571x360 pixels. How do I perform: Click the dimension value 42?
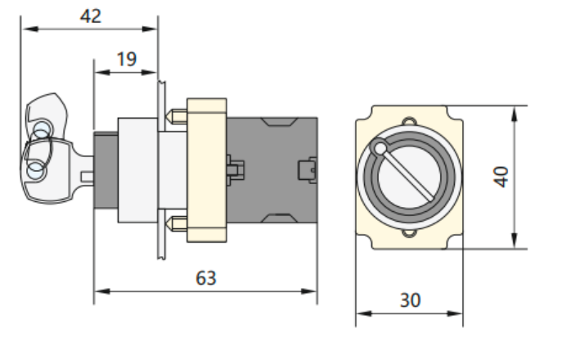(91, 16)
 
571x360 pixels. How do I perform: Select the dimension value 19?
(125, 59)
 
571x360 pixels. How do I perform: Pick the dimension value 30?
(410, 300)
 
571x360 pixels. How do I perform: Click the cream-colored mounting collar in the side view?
(206, 170)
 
